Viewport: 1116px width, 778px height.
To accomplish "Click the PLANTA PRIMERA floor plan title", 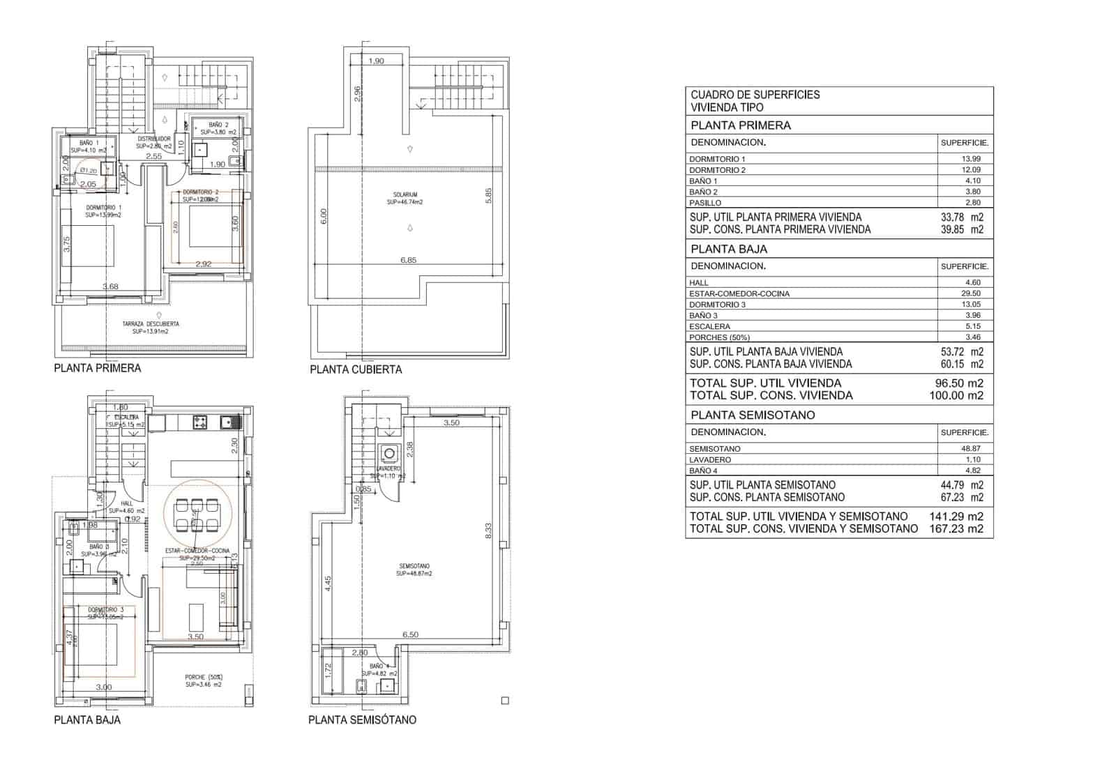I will (x=97, y=368).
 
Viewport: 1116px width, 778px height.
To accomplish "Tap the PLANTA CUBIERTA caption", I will (x=356, y=369).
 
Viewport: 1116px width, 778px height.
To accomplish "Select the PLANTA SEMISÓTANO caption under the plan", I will (x=362, y=719).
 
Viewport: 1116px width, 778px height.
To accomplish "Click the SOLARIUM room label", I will (x=405, y=195).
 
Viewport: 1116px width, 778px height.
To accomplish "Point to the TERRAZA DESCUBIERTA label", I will (x=151, y=324).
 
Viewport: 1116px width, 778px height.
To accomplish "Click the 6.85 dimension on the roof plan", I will (x=408, y=260).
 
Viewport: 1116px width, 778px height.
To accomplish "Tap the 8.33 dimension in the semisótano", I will (x=488, y=531).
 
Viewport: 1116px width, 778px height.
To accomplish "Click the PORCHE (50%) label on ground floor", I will (x=204, y=677).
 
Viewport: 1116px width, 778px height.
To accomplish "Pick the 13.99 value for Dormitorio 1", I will (x=972, y=159).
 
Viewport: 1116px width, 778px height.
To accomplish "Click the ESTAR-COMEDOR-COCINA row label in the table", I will (x=739, y=293).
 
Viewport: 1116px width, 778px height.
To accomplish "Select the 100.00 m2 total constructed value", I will (x=959, y=395).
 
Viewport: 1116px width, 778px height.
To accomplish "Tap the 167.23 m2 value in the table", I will (x=956, y=528).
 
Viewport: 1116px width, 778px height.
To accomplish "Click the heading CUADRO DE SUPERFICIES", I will (x=755, y=95).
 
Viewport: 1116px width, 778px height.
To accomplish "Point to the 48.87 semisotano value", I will (x=971, y=449).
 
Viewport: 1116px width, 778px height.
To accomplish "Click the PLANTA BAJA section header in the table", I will (x=728, y=249).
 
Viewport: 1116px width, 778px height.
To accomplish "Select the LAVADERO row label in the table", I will (x=710, y=459).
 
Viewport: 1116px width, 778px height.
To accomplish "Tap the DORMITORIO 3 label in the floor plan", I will (x=105, y=609).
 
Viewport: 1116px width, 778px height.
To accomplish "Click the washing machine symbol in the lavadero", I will (x=389, y=453).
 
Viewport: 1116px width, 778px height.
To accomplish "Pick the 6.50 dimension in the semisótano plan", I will (x=410, y=634).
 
